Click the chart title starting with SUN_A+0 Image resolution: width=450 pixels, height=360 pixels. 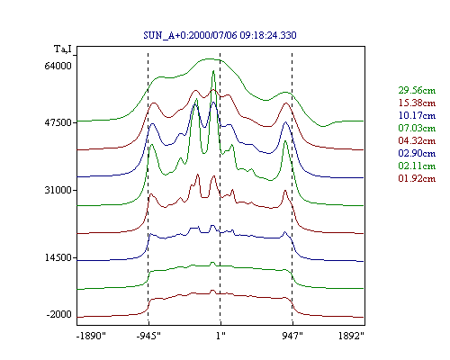(220, 35)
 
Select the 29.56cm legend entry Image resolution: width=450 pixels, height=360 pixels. (417, 90)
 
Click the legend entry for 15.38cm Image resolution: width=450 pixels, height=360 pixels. (417, 103)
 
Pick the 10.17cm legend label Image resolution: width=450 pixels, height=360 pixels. (417, 115)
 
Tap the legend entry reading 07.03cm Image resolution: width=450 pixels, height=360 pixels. (417, 128)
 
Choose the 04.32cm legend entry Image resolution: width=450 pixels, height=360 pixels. (417, 140)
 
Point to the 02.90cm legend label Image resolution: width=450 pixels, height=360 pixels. (417, 153)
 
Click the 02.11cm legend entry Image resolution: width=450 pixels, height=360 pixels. (417, 166)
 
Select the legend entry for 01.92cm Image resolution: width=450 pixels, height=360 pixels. (417, 178)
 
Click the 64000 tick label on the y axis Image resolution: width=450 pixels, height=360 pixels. (58, 66)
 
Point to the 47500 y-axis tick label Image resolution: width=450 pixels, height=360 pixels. (58, 122)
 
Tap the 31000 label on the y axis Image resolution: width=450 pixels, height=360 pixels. (58, 190)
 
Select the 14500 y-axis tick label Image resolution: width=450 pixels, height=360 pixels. (58, 257)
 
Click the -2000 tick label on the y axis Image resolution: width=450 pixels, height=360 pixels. (59, 314)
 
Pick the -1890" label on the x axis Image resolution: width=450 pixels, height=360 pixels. (91, 336)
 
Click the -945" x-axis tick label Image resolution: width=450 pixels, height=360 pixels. (148, 336)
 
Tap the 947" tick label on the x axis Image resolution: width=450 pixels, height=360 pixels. (292, 336)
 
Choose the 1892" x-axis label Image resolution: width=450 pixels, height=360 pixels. (351, 336)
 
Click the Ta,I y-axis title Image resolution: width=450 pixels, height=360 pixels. (63, 49)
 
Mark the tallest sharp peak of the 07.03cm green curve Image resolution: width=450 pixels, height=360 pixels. (213, 71)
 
